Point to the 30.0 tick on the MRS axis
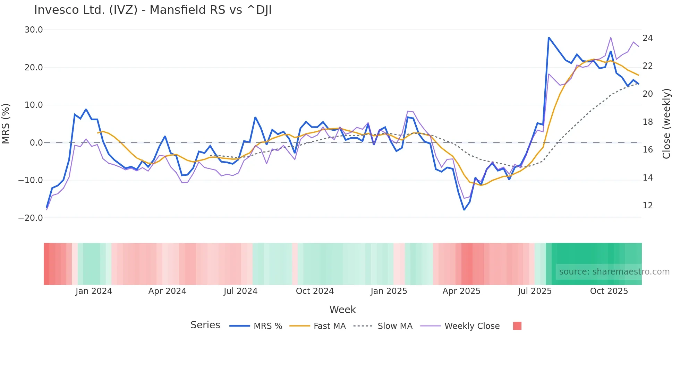click(x=34, y=30)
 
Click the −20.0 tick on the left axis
click(x=31, y=218)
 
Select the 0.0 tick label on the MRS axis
click(x=36, y=143)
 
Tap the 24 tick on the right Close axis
click(x=647, y=38)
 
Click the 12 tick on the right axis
click(x=647, y=206)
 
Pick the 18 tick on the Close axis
click(x=647, y=122)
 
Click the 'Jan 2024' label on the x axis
click(x=94, y=291)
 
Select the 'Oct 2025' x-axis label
click(x=609, y=291)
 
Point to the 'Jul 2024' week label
click(x=240, y=291)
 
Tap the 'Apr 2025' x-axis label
click(x=461, y=291)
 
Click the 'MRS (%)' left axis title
click(x=6, y=124)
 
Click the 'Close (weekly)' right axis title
click(x=666, y=124)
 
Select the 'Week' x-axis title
click(x=342, y=310)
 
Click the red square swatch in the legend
click(x=517, y=326)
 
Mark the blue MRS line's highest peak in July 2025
click(x=549, y=37)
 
